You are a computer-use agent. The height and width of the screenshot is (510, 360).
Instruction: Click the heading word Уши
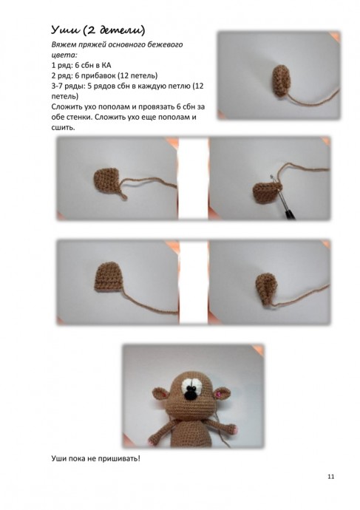click(x=65, y=30)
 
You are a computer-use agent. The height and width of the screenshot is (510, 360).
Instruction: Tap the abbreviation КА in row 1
click(x=106, y=65)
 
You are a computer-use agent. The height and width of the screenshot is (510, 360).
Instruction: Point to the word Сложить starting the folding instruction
click(x=67, y=106)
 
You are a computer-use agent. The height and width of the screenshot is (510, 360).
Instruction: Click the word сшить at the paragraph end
click(x=63, y=127)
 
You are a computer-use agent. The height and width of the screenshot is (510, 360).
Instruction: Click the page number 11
click(x=330, y=477)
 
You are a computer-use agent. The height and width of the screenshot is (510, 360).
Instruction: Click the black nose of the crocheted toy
click(x=190, y=395)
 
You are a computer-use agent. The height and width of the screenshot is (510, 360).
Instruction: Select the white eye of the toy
click(x=191, y=386)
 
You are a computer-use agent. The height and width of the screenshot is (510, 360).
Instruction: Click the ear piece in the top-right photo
click(x=282, y=81)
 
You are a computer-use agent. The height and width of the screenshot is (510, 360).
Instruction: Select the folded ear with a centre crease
click(x=267, y=288)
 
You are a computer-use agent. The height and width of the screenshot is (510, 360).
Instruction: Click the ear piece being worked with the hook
click(x=265, y=193)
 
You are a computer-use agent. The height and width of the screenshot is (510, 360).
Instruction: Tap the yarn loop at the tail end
click(x=123, y=196)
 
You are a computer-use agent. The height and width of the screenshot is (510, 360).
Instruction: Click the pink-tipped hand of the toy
click(x=233, y=429)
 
